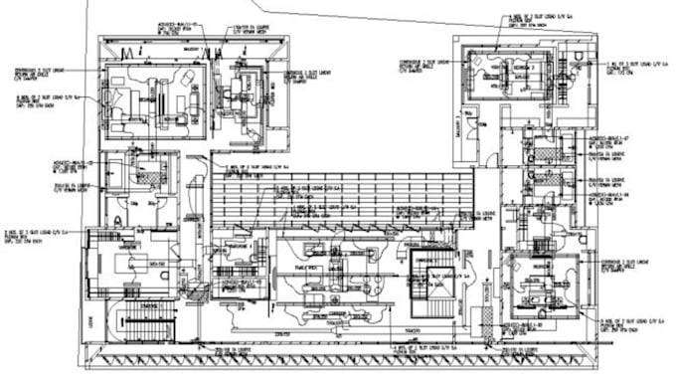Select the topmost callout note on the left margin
[x=36, y=71]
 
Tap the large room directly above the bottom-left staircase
[x=128, y=261]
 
